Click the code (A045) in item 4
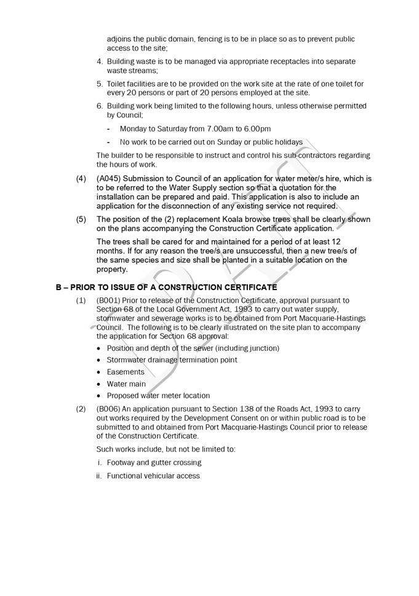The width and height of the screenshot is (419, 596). [x=110, y=178]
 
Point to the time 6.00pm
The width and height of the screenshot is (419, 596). [x=255, y=129]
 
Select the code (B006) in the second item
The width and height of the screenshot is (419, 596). [x=110, y=409]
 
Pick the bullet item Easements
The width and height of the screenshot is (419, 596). [x=126, y=372]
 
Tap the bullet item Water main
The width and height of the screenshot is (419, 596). [x=127, y=384]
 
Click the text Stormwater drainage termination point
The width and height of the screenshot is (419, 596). [x=172, y=360]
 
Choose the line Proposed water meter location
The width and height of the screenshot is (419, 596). [x=158, y=396]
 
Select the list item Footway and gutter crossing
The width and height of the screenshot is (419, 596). [x=154, y=462]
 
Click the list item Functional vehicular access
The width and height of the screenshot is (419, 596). [x=153, y=476]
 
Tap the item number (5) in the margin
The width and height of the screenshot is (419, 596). [x=81, y=219]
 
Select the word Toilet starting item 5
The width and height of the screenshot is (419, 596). [x=118, y=84]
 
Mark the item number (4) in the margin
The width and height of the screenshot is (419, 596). [x=81, y=178]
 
